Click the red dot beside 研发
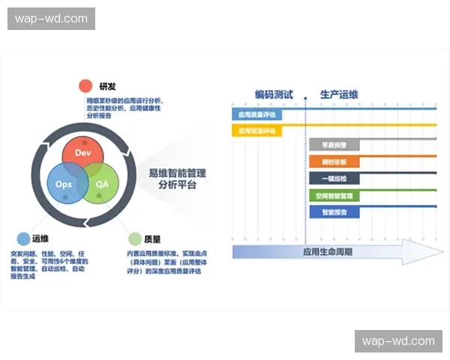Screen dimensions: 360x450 (85, 85)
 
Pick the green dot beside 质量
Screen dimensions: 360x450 (134, 238)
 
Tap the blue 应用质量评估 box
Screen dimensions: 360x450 (256, 115)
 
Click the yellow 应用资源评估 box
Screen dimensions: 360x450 (256, 130)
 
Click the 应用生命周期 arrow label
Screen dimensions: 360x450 (327, 251)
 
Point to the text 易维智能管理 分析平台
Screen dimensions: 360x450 (178, 178)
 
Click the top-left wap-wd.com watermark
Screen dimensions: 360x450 (51, 19)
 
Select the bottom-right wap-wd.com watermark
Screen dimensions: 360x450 (398, 341)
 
